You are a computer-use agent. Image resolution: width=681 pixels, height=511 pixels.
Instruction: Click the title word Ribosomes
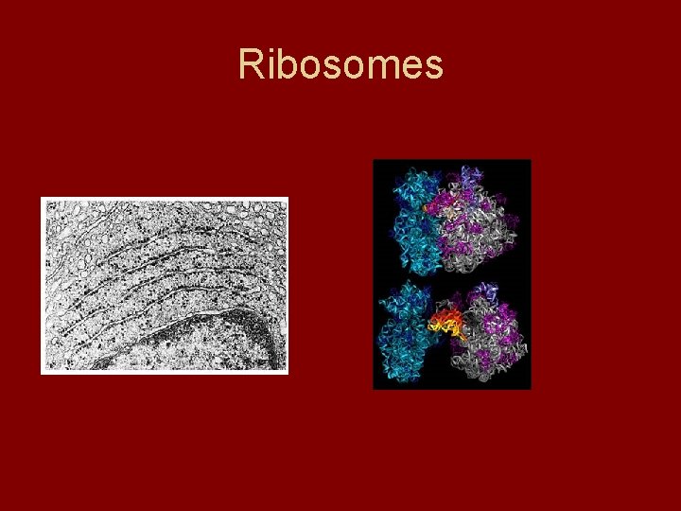coord(340,65)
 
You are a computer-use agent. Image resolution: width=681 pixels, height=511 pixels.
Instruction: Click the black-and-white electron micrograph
coord(165,285)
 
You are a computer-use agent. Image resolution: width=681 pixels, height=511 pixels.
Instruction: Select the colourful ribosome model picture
coord(451,273)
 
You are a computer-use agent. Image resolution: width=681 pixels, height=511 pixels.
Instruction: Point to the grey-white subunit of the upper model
coord(482,227)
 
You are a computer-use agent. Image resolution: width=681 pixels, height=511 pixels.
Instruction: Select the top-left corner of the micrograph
coord(44,200)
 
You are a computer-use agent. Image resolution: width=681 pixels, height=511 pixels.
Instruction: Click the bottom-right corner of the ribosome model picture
coord(529,386)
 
